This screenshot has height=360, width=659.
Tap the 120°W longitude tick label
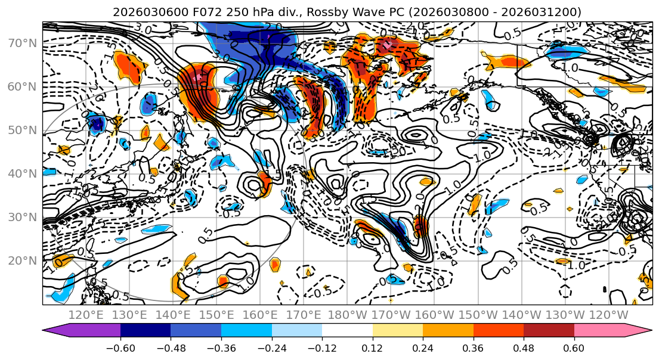(608, 315)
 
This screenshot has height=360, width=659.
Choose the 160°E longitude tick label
(260, 315)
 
